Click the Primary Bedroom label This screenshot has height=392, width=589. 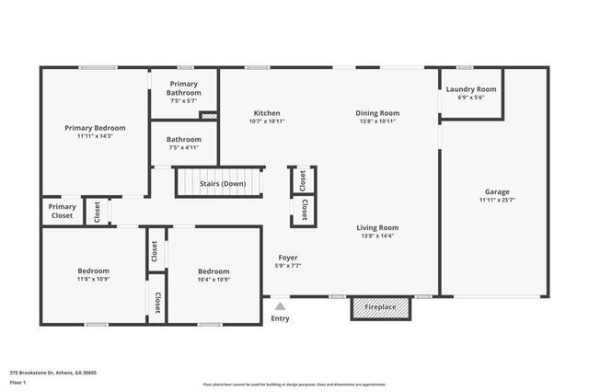[x=95, y=128]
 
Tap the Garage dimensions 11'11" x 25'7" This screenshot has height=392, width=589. [x=495, y=200]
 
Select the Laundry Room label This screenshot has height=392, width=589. [x=471, y=89]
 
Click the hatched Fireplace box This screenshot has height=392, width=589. [x=380, y=307]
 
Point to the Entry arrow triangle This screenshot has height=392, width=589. [x=280, y=306]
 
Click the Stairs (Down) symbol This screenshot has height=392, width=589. [x=221, y=182]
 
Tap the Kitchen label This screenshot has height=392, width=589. [x=267, y=112]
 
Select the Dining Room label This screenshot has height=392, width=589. [x=377, y=112]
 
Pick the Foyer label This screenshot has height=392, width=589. [x=288, y=258]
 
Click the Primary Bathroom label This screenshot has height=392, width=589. [x=184, y=88]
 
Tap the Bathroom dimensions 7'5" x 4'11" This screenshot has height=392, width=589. [x=184, y=147]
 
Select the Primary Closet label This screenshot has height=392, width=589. [x=62, y=212]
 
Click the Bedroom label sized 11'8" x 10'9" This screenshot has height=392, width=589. [x=93, y=271]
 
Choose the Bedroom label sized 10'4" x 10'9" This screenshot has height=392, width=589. [x=214, y=271]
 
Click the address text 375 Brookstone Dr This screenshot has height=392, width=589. [x=52, y=373]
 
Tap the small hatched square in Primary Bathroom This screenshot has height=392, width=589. [x=208, y=116]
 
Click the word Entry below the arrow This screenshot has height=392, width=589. [x=280, y=318]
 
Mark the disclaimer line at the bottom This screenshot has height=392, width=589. [x=294, y=384]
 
